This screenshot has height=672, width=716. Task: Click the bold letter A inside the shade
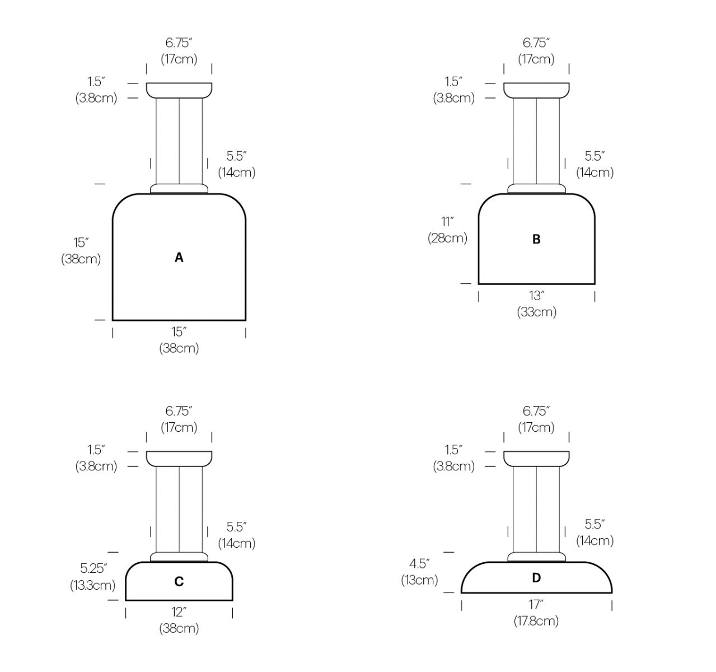coord(179,258)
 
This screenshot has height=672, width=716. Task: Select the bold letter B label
coord(536,239)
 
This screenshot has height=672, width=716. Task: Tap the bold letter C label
coord(179,581)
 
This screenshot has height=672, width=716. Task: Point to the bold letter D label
coord(536,578)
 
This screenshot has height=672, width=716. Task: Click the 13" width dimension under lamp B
coord(536,296)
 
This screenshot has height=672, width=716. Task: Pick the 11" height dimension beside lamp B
coord(447,222)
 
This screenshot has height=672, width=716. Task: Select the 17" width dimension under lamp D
coord(536,604)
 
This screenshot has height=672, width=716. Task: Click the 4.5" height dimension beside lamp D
coord(419,563)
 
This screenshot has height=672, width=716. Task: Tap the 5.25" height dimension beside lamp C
coord(93,568)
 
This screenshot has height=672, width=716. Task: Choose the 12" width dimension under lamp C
coord(179,612)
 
